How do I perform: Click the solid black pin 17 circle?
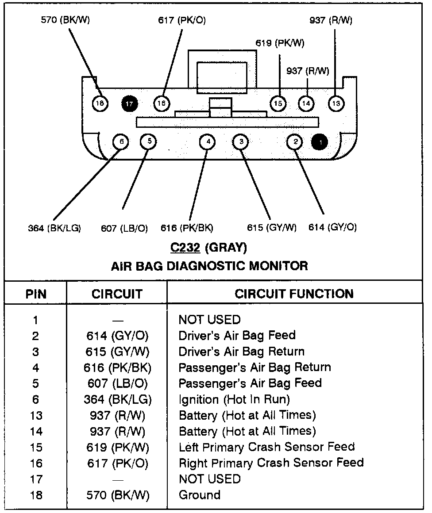pyautogui.click(x=129, y=104)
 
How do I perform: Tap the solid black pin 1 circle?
pyautogui.click(x=320, y=142)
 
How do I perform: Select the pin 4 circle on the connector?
pyautogui.click(x=207, y=142)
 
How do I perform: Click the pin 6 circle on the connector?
pyautogui.click(x=120, y=142)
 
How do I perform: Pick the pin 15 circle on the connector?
pyautogui.click(x=278, y=103)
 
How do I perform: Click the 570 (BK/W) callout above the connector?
pyautogui.click(x=65, y=21)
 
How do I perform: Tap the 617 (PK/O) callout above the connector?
pyautogui.click(x=182, y=21)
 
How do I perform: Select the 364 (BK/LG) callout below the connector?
pyautogui.click(x=54, y=228)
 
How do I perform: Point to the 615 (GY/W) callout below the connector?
pyautogui.click(x=271, y=228)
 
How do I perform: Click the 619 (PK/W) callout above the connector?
pyautogui.click(x=280, y=43)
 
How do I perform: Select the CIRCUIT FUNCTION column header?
pyautogui.click(x=294, y=294)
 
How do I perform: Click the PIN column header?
pyautogui.click(x=36, y=294)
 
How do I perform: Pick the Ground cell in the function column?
pyautogui.click(x=199, y=495)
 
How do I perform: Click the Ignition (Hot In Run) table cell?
pyautogui.click(x=234, y=400)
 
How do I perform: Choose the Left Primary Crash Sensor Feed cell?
pyautogui.click(x=266, y=447)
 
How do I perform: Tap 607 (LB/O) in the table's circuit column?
pyautogui.click(x=117, y=384)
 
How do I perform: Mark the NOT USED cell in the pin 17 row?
pyautogui.click(x=209, y=479)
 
